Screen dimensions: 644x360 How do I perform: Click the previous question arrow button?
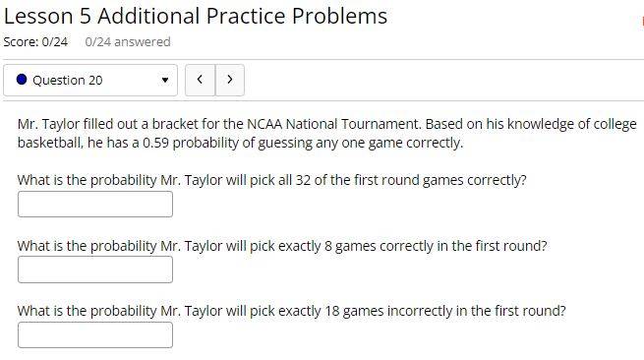coord(200,80)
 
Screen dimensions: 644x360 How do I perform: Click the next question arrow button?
coord(230,80)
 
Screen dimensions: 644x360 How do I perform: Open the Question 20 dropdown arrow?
coord(165,80)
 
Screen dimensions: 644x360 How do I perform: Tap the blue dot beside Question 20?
coord(22,80)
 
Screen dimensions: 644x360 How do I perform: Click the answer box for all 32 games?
coord(95,205)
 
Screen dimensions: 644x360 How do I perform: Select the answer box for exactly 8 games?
coord(95,270)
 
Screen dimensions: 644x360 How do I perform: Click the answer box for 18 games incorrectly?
coord(95,335)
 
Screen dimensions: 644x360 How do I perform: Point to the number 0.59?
coord(155,143)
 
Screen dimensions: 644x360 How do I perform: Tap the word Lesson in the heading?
coord(38,17)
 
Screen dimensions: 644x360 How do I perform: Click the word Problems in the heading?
coord(339,17)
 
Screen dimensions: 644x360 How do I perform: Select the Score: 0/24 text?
coord(35,42)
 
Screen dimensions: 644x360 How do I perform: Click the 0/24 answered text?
coord(128,42)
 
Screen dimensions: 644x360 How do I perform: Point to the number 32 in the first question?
coord(303,180)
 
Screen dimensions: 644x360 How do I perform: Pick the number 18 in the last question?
coord(332,311)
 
